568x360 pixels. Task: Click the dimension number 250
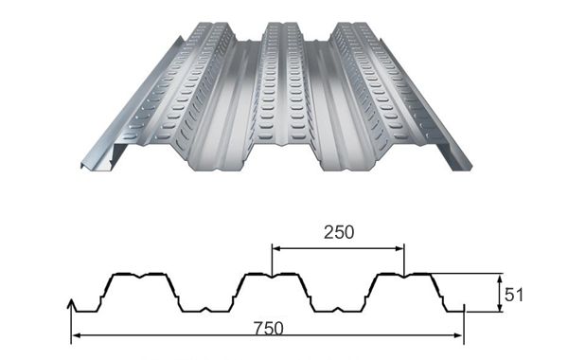click(x=339, y=232)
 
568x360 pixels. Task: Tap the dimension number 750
click(x=269, y=329)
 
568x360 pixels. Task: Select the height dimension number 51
click(x=514, y=296)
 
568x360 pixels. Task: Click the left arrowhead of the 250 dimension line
click(x=276, y=249)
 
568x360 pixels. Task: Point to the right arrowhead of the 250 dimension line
click(x=399, y=249)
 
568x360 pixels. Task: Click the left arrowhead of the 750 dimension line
click(x=76, y=335)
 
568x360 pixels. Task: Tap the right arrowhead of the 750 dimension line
click(x=459, y=335)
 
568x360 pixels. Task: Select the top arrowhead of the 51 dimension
click(x=500, y=279)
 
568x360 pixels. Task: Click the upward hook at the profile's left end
click(x=71, y=305)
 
